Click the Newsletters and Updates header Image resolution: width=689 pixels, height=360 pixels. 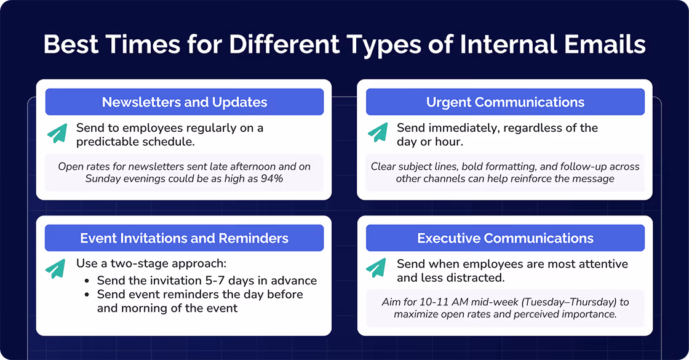click(x=185, y=102)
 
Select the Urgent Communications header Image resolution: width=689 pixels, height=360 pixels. click(x=505, y=102)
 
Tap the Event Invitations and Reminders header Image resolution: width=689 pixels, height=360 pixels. click(x=185, y=238)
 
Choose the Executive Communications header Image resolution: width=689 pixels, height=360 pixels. click(x=505, y=238)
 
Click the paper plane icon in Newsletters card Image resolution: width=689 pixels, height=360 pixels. click(x=57, y=134)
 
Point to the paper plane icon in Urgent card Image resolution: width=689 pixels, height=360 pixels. click(x=377, y=134)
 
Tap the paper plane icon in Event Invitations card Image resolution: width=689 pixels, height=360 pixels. click(x=57, y=268)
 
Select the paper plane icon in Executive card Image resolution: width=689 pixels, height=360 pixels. click(x=377, y=268)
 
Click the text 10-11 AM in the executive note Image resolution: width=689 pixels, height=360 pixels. click(x=422, y=302)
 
